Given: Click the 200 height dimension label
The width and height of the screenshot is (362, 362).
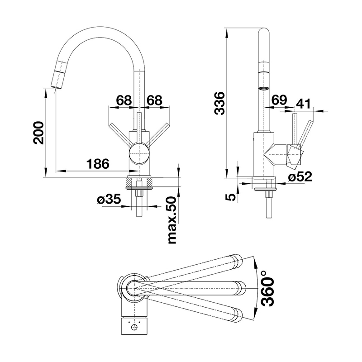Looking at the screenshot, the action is click(x=38, y=133).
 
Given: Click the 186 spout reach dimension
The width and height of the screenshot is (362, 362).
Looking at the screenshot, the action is click(x=98, y=164).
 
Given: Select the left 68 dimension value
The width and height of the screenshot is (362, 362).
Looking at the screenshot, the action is click(x=124, y=100).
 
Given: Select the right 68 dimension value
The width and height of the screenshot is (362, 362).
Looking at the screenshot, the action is click(x=154, y=100).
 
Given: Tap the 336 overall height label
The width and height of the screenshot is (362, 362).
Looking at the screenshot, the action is click(x=219, y=103).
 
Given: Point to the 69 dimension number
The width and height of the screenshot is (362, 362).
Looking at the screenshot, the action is click(x=279, y=100).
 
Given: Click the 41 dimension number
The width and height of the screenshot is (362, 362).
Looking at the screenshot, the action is click(x=303, y=104).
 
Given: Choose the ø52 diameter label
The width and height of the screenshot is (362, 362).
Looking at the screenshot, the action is click(x=300, y=177).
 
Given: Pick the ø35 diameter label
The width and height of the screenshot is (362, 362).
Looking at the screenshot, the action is click(x=109, y=199).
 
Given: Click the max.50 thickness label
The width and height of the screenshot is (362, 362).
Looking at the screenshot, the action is click(x=172, y=220).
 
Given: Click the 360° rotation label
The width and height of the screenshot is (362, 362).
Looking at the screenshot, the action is click(x=268, y=289).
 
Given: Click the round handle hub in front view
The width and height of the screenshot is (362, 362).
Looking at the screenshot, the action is click(x=139, y=153).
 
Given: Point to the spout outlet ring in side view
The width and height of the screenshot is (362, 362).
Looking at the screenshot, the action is click(x=263, y=88).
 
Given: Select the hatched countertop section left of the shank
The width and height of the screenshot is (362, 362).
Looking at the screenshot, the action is click(x=130, y=182).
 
